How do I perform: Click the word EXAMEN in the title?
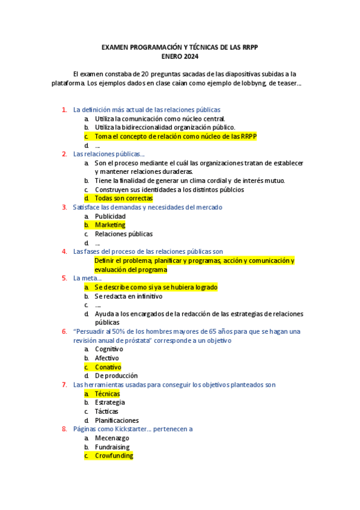[x=114, y=47]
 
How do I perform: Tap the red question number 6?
[x=64, y=331]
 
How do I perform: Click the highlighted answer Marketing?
[x=110, y=225]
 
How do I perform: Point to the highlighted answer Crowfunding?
[x=114, y=456]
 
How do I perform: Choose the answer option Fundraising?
[x=112, y=447]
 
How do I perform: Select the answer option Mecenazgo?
[x=112, y=438]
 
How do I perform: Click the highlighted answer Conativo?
[x=108, y=367]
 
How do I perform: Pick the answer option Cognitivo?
[x=109, y=349]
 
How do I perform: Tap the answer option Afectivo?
[x=107, y=358]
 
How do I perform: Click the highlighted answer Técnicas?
[x=107, y=393]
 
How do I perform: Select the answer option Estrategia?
[x=110, y=402]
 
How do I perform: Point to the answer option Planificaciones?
[x=117, y=420]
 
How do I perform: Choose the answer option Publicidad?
[x=111, y=216]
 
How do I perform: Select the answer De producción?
[x=116, y=376]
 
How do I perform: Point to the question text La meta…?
[x=87, y=278]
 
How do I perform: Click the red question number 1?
[x=64, y=109]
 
